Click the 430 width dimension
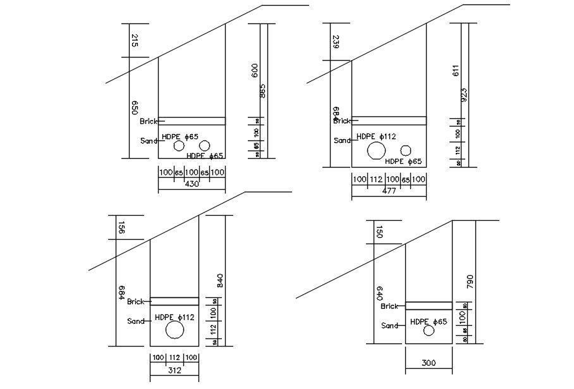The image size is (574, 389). point(192,184)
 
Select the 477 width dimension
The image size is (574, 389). point(389,191)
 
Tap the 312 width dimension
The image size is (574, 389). point(174,371)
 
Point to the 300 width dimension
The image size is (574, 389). point(428,363)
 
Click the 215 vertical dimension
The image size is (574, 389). point(135,41)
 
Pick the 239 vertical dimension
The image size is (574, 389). point(336,42)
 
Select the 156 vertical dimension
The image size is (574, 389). point(121,228)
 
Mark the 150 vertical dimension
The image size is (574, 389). point(379,232)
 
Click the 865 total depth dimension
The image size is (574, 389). point(262,92)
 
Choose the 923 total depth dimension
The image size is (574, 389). point(464,95)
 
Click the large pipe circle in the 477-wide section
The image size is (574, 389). point(376,151)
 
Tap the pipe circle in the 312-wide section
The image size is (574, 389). point(174,330)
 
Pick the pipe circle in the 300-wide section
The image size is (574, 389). point(429,330)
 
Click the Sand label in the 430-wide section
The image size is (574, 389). point(149,141)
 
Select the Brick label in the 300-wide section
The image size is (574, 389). point(389,306)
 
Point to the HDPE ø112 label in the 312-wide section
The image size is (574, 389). point(174,318)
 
